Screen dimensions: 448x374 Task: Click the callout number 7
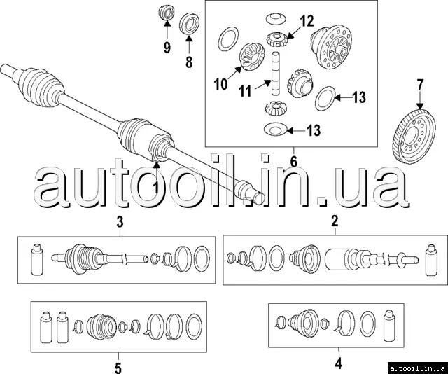click(420, 85)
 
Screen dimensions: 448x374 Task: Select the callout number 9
click(167, 47)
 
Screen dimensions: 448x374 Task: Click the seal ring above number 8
click(189, 23)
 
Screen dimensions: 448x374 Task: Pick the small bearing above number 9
click(167, 13)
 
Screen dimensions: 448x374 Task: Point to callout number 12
click(307, 21)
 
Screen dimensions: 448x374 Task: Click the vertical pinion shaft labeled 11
click(275, 74)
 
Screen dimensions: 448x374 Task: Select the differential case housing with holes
click(331, 47)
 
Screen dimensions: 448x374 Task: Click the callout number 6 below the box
click(294, 162)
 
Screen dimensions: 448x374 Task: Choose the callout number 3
click(120, 221)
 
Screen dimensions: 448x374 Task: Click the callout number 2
click(335, 221)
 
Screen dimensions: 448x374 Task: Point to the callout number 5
click(118, 367)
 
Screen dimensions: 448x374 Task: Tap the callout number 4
click(339, 363)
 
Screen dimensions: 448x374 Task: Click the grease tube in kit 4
click(389, 326)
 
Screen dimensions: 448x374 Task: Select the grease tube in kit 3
click(37, 260)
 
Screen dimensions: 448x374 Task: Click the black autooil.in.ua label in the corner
click(417, 368)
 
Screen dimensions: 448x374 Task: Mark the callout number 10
click(221, 84)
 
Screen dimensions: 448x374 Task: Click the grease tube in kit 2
click(431, 260)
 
